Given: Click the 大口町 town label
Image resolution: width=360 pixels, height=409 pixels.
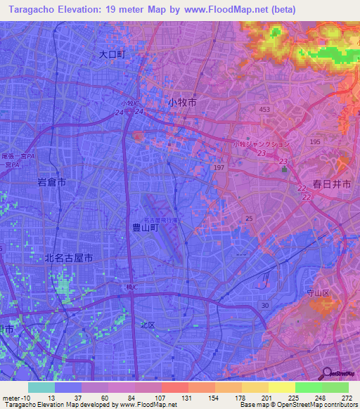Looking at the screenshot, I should (x=111, y=53).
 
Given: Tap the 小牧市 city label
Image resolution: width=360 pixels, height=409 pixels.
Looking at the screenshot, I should (x=182, y=102).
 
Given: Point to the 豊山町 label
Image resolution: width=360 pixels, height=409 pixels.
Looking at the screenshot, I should (x=146, y=227).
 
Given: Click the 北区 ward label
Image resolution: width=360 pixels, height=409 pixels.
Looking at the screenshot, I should (x=147, y=325).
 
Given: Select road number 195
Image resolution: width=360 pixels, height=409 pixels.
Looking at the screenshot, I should (x=314, y=142).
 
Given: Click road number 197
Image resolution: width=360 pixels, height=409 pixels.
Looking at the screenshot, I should (x=219, y=167).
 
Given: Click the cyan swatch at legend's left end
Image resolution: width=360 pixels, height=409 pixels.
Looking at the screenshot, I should (x=41, y=387).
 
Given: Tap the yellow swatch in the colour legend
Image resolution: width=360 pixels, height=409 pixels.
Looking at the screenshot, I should (x=281, y=387).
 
